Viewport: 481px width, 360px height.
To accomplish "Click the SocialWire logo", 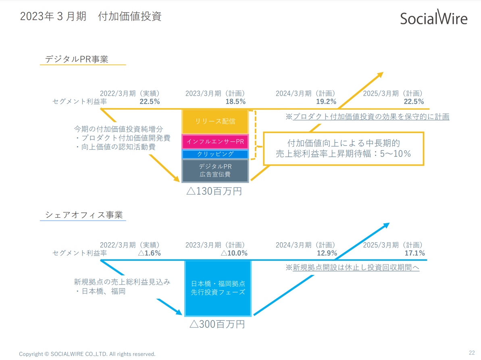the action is click(x=434, y=17).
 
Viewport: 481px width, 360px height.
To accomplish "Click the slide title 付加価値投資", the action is click(x=129, y=16).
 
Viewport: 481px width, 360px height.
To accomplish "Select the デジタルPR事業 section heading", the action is click(x=77, y=59).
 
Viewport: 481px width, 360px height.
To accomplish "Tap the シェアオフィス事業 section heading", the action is click(x=84, y=214).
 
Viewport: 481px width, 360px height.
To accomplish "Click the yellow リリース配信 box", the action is click(x=215, y=121).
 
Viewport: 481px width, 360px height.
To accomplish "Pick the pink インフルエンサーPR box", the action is click(x=215, y=142).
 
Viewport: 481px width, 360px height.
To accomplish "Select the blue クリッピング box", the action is click(x=215, y=154).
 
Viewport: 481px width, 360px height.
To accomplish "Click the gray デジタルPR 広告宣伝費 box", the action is click(x=215, y=171).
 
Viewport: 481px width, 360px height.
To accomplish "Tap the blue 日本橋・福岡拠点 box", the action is click(x=218, y=288).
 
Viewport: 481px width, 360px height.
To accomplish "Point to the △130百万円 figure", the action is click(x=214, y=191).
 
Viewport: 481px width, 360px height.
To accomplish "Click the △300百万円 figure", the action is click(x=217, y=324).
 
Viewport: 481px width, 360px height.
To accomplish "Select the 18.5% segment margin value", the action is click(x=235, y=102).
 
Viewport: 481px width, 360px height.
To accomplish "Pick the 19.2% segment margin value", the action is click(x=326, y=102).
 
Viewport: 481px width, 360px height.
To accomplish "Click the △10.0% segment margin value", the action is click(x=234, y=253).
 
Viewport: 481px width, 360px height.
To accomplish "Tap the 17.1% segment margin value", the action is click(x=415, y=253).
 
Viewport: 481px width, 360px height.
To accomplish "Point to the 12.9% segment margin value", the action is click(x=327, y=253).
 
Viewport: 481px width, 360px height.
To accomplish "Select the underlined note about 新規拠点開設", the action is click(x=352, y=267).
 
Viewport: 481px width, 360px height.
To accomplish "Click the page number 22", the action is click(x=472, y=353).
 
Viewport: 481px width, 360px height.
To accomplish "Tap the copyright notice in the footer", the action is click(x=87, y=354).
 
